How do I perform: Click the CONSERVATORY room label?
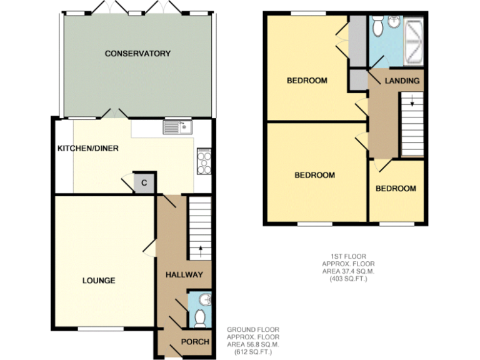(x=137, y=54)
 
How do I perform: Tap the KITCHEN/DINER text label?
(x=88, y=149)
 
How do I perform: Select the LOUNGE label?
(x=99, y=281)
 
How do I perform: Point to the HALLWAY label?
(x=184, y=275)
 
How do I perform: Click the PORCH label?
(x=195, y=342)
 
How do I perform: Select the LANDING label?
(x=402, y=81)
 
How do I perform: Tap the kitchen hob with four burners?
(x=204, y=161)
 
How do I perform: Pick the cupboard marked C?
(x=144, y=182)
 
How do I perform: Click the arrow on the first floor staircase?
(x=412, y=98)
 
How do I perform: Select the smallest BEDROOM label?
(x=396, y=189)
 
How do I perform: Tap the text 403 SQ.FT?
(x=349, y=279)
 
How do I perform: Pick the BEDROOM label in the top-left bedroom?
(x=307, y=81)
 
